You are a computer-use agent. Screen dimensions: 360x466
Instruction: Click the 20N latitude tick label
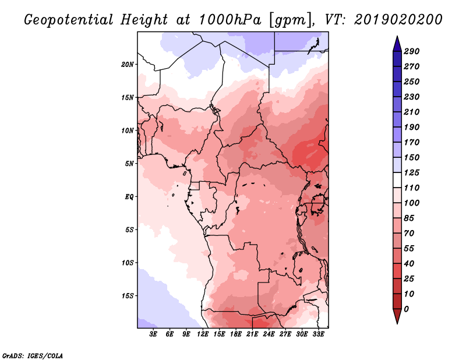click(x=128, y=64)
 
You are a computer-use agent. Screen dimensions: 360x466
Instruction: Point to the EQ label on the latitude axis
click(x=129, y=196)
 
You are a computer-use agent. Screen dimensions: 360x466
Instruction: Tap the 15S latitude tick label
click(x=128, y=295)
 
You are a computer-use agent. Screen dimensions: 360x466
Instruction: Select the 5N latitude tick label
click(x=129, y=163)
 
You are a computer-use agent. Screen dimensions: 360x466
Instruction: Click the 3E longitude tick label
click(x=154, y=334)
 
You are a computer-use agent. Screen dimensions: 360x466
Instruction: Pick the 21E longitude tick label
click(x=252, y=334)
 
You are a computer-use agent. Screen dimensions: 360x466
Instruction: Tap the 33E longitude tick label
click(x=318, y=334)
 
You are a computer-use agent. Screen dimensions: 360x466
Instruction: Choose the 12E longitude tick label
click(x=203, y=334)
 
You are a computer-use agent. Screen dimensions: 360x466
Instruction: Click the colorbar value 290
click(x=412, y=51)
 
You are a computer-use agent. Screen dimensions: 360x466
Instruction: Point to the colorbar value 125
click(x=412, y=172)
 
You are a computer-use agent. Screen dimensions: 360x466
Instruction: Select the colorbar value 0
click(x=407, y=309)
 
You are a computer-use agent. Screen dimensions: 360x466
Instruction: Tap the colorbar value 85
click(x=409, y=218)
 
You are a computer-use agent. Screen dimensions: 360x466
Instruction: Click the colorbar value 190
click(x=412, y=127)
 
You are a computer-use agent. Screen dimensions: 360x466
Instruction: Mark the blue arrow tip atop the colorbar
click(x=396, y=38)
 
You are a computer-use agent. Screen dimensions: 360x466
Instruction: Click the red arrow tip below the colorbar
click(x=396, y=321)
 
